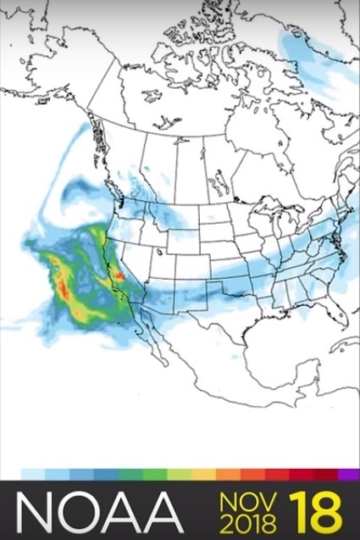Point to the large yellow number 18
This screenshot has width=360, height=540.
(x=313, y=512)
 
